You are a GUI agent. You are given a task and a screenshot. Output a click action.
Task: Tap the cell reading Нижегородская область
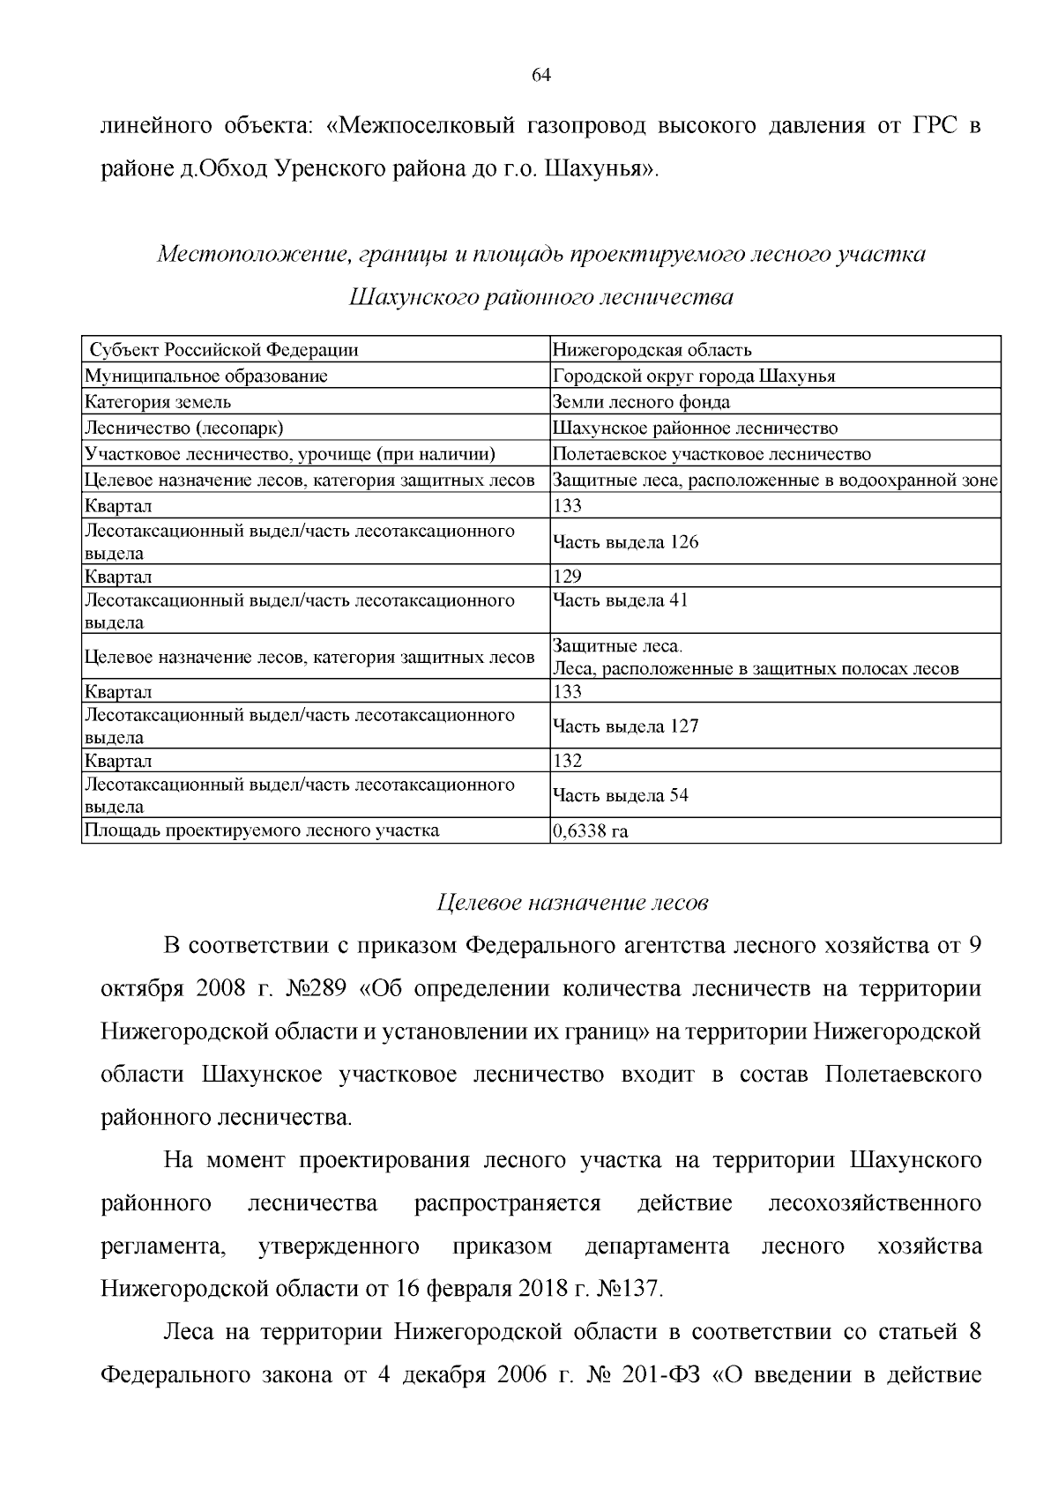(x=652, y=350)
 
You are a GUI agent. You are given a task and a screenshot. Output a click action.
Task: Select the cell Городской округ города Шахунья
(x=693, y=376)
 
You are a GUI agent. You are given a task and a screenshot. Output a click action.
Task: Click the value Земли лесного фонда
(x=641, y=402)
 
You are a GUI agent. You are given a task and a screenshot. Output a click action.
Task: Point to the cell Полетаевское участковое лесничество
(x=712, y=454)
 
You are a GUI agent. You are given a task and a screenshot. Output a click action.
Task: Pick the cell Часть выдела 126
(x=625, y=542)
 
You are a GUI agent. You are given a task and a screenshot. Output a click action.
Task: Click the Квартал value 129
(x=567, y=577)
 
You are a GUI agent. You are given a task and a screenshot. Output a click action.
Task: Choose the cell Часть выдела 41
(x=620, y=600)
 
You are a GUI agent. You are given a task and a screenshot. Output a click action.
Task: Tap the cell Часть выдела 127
(x=625, y=726)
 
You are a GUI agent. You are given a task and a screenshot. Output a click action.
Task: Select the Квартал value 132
(x=567, y=761)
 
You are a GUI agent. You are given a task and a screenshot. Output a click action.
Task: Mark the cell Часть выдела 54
(x=620, y=795)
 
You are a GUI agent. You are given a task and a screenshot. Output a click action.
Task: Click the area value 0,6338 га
(x=590, y=830)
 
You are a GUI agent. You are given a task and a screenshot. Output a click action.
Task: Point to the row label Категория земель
(x=158, y=402)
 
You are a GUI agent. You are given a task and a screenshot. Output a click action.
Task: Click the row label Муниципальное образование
(x=205, y=376)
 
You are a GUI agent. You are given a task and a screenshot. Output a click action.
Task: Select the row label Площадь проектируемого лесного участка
(x=261, y=830)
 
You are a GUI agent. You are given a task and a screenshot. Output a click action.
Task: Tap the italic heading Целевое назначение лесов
(x=573, y=903)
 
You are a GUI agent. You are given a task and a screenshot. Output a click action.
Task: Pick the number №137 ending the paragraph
(x=629, y=1289)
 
